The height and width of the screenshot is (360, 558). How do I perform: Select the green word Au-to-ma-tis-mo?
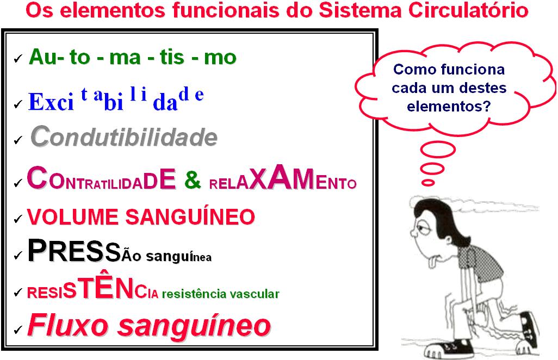(133, 57)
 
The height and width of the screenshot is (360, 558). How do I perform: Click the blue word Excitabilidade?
(116, 100)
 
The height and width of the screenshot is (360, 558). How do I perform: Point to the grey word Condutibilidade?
(124, 136)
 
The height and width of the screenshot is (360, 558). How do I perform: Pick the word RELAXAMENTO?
(283, 178)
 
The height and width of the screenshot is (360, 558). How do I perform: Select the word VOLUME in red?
(72, 216)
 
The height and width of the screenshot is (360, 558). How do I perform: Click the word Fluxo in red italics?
(67, 325)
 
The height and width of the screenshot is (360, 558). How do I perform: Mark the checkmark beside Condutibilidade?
(18, 140)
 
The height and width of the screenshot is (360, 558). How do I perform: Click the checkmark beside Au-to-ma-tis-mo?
(18, 58)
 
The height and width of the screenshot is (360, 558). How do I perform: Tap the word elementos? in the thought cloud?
(449, 107)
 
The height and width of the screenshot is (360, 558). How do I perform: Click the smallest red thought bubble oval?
(428, 183)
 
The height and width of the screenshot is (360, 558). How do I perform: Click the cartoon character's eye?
(423, 227)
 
